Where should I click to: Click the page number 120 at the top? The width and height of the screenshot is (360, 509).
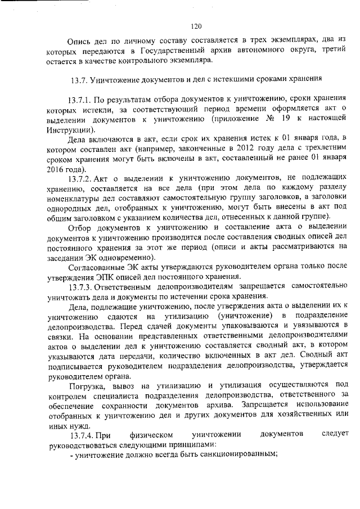point(196,26)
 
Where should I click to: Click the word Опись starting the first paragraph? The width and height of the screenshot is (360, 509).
point(79,40)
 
